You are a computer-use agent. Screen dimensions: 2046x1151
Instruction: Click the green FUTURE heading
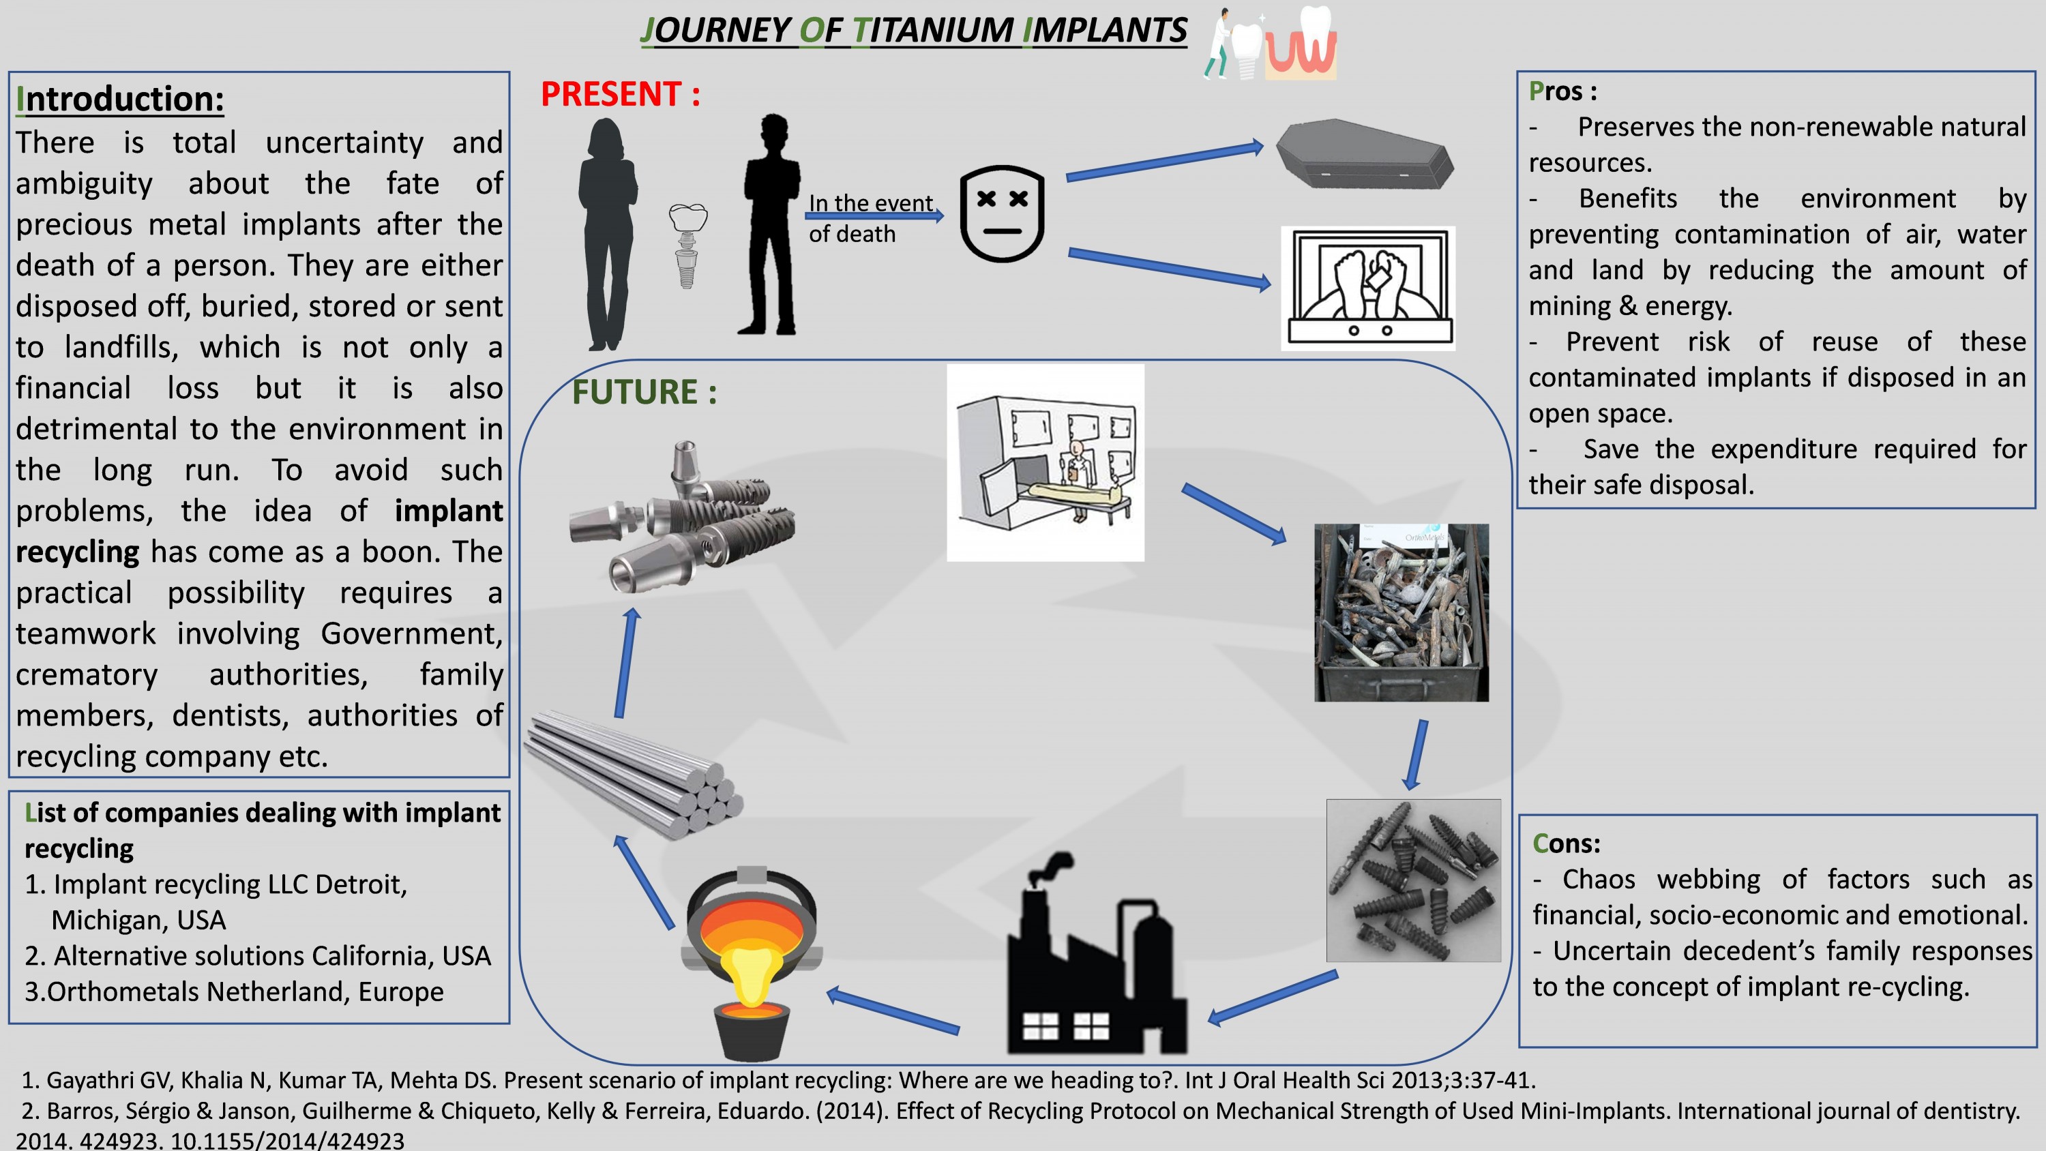(644, 391)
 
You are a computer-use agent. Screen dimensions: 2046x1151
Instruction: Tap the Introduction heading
(120, 98)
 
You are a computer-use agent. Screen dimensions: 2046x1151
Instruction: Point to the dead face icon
(1003, 213)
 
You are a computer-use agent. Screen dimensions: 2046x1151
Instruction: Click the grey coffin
(1365, 154)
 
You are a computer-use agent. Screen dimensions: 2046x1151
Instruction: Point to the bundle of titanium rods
(634, 775)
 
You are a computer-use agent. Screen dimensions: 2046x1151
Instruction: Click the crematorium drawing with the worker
(1046, 463)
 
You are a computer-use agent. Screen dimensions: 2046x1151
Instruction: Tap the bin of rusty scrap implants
(1401, 612)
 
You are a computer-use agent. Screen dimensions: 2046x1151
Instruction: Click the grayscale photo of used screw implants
(1414, 880)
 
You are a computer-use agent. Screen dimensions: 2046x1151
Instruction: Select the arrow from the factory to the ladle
(893, 1011)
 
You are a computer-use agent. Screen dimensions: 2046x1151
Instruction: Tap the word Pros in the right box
(1556, 91)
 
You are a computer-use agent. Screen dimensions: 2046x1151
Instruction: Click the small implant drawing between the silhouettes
(688, 245)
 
